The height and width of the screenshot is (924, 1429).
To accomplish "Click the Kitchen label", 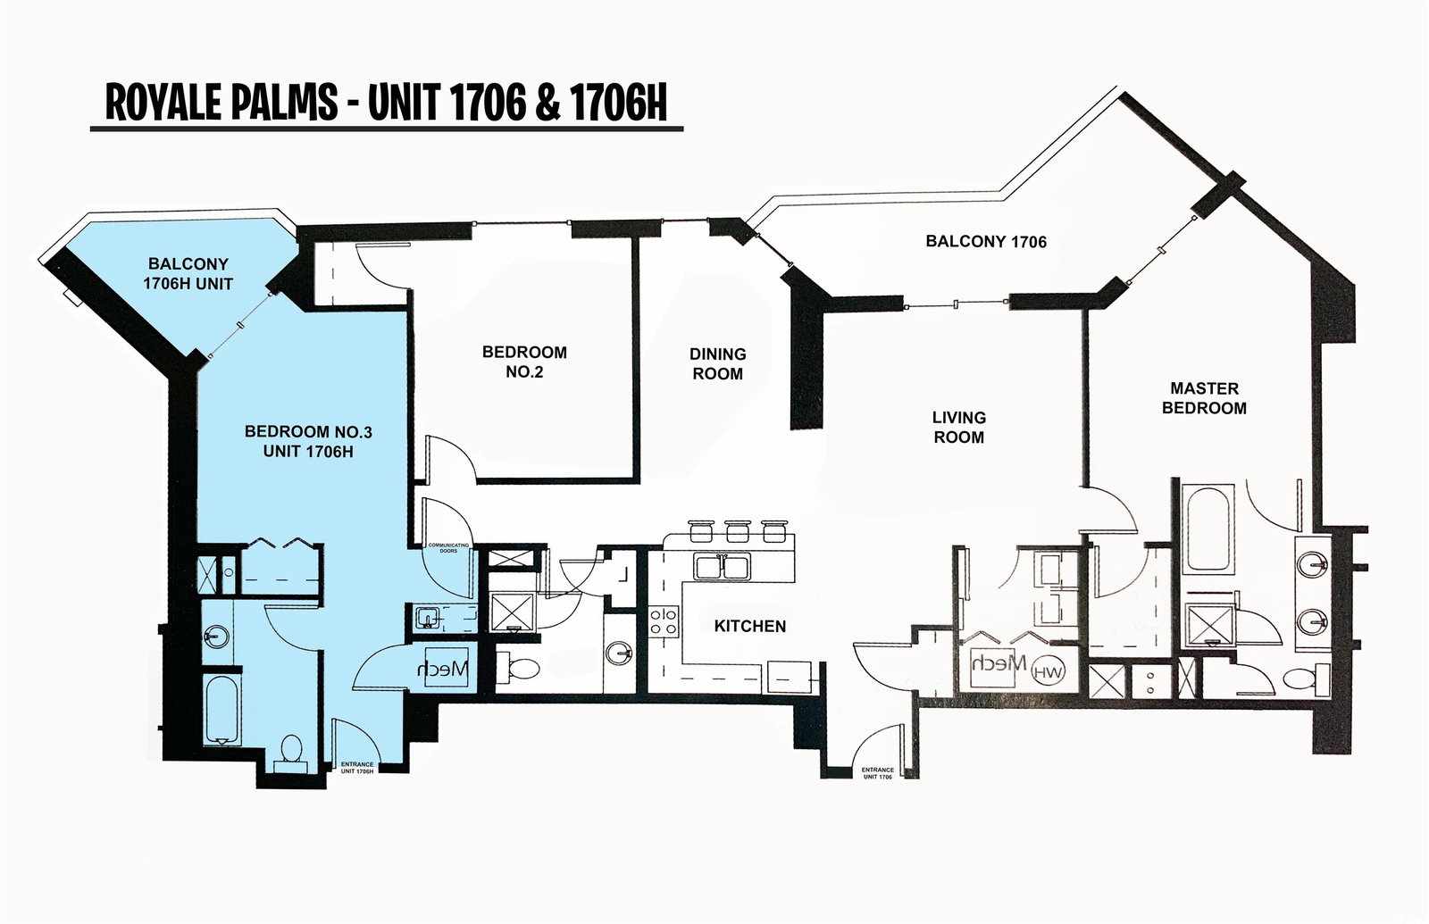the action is (x=749, y=626).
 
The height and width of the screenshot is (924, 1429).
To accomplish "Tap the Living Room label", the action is (x=959, y=428).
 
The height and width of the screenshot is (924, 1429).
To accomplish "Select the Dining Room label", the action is (x=718, y=363).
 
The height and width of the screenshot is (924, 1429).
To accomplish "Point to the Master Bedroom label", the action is (x=1204, y=398).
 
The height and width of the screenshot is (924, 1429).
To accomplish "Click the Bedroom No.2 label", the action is (x=524, y=362).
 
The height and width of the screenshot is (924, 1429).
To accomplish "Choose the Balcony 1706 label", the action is (x=986, y=241).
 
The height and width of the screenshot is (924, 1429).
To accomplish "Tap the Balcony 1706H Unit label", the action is (x=188, y=273).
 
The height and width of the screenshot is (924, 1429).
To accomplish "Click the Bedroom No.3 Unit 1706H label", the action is (x=308, y=441).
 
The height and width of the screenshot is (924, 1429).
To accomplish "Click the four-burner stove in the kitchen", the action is (x=663, y=621).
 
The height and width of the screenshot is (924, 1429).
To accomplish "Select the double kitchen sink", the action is (x=723, y=566).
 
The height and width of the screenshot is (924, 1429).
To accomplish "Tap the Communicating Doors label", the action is (x=448, y=548).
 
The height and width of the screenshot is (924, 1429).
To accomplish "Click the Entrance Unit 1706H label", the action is (x=356, y=767).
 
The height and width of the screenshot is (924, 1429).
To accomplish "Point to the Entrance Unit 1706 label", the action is (x=877, y=773).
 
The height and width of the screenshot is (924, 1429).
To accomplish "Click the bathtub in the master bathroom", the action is (x=1207, y=529).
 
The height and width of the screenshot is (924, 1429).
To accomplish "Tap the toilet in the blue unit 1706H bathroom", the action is (x=291, y=753).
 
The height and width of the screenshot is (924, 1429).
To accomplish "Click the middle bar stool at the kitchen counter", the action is (x=738, y=531).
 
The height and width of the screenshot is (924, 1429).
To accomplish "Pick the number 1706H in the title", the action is (x=617, y=103).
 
